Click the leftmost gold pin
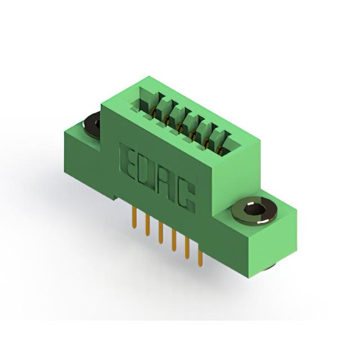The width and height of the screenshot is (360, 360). coord(134,218)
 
